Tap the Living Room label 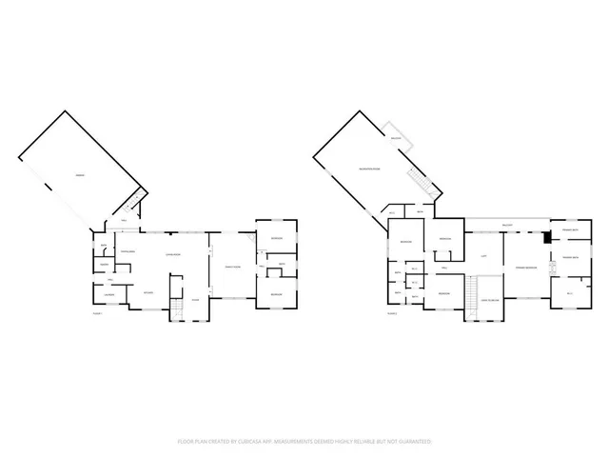click(x=174, y=255)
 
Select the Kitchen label click(x=148, y=292)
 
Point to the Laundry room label click(x=108, y=294)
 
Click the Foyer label click(x=195, y=300)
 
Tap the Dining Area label click(x=127, y=251)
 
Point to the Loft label click(x=483, y=256)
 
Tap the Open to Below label click(x=491, y=300)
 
